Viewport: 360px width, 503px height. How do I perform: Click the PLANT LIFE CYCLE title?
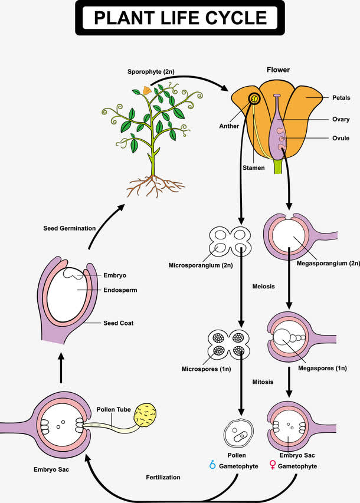point(180,18)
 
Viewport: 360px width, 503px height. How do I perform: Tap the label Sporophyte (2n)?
point(150,72)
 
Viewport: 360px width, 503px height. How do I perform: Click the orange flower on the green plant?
point(146,91)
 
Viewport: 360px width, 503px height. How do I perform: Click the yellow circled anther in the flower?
point(254,98)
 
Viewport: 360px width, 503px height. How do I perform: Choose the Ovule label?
point(340,138)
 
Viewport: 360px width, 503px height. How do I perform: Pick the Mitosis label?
point(263,382)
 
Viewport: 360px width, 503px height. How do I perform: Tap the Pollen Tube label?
point(113,409)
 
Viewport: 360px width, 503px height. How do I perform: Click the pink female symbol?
point(272,465)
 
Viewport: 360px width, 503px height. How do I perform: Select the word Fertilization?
point(163,476)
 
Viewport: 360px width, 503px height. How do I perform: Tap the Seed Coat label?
point(118,323)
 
